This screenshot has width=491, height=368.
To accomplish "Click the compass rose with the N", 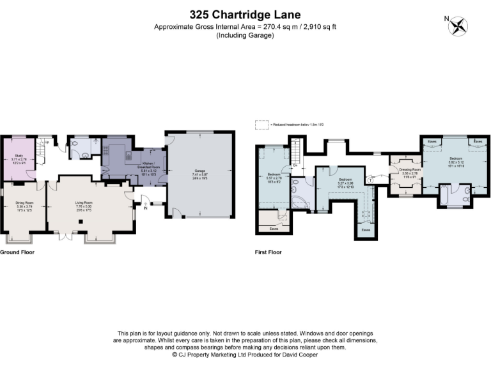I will [458, 26].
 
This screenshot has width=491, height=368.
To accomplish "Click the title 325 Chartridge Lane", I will [245, 14].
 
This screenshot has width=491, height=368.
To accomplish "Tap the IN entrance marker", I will [145, 208].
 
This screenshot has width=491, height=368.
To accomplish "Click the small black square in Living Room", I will [81, 222].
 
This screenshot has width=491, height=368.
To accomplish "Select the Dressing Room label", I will [405, 173].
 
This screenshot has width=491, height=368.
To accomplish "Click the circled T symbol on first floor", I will [370, 180].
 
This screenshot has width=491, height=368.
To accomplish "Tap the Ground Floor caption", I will [17, 252].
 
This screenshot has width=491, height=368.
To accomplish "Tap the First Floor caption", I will [268, 252].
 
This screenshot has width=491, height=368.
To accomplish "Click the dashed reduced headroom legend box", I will [260, 124].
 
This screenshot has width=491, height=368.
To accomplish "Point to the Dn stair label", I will [295, 165].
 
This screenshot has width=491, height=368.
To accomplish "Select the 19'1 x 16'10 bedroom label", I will [456, 160].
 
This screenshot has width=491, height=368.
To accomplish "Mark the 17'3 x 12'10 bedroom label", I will [345, 182].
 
